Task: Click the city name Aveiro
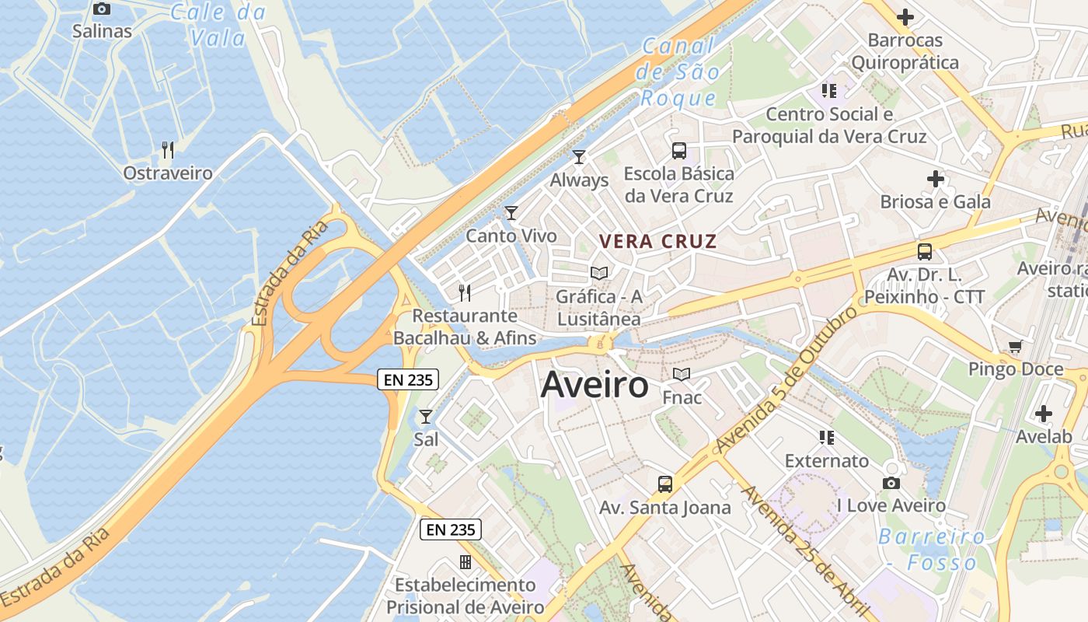595,384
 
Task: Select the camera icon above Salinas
102,9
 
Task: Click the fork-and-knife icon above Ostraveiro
167,149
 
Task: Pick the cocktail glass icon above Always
578,157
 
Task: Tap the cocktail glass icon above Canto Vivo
511,212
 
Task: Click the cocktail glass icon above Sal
425,417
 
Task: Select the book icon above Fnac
682,375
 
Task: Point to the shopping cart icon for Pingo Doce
1015,347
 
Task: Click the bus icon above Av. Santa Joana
664,484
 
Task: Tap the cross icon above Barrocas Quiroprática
905,16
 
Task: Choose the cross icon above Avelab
1044,413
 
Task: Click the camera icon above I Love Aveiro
891,483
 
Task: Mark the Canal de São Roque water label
678,72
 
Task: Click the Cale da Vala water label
218,25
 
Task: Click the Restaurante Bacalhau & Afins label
465,327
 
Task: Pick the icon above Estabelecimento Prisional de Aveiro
465,561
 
